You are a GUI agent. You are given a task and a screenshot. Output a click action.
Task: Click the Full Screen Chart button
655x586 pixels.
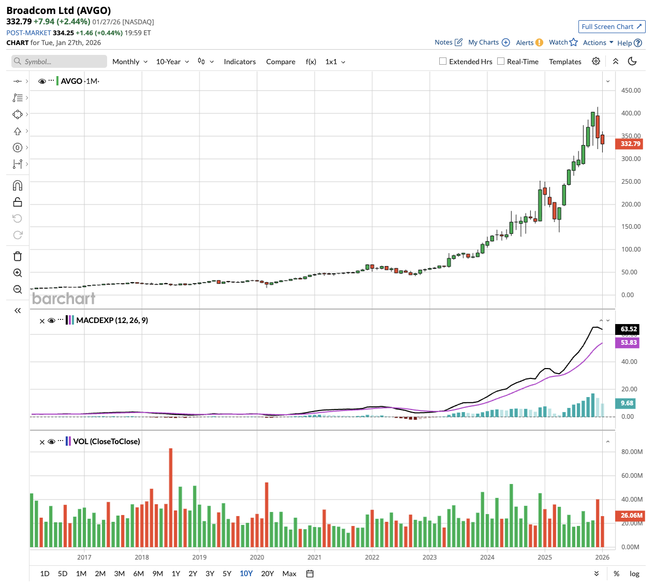(x=611, y=27)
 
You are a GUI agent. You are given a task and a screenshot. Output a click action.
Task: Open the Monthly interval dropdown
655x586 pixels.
(x=130, y=62)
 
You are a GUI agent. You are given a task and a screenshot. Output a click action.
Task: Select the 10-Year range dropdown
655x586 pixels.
(x=172, y=62)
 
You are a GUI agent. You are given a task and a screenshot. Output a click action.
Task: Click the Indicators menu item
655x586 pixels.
(x=240, y=62)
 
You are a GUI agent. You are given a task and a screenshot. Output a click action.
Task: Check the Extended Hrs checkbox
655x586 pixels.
(x=443, y=61)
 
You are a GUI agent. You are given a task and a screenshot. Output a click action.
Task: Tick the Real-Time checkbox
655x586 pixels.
(x=501, y=61)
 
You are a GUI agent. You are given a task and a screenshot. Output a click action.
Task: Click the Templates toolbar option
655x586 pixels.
(x=565, y=62)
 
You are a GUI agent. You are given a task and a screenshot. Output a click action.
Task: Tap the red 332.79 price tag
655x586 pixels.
(x=629, y=144)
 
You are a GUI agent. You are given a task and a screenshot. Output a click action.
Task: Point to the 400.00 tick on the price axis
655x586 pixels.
(x=631, y=113)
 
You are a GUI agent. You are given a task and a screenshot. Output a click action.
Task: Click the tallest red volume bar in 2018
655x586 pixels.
(x=171, y=497)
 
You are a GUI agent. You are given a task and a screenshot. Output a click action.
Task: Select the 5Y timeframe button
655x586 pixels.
(x=227, y=574)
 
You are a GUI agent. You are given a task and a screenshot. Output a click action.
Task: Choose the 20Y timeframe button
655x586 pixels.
(x=267, y=574)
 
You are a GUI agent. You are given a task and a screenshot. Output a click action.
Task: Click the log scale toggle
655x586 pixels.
(x=634, y=574)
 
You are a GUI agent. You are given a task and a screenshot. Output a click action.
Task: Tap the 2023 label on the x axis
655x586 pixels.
(x=429, y=558)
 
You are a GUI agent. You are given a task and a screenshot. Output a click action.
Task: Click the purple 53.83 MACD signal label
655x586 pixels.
(x=628, y=343)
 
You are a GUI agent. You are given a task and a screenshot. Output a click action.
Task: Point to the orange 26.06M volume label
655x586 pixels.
(x=631, y=516)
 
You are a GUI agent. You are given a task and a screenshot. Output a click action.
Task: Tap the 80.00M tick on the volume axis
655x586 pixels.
(x=632, y=452)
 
